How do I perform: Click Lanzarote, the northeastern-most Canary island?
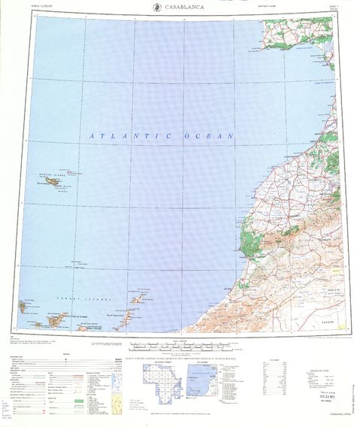pyautogui.click(x=144, y=289)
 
